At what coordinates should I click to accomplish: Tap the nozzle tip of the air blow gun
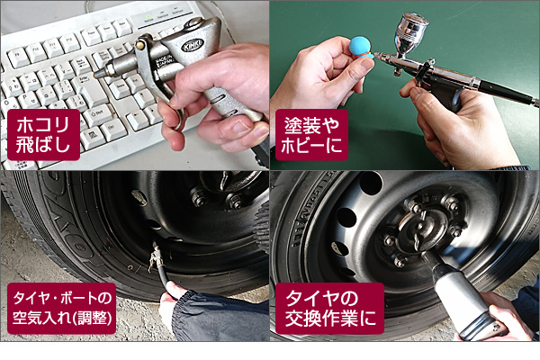[96, 74]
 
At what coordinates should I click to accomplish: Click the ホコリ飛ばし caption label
[43, 135]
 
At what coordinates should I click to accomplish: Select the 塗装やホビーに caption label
[311, 135]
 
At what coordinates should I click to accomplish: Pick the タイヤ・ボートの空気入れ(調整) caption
[61, 309]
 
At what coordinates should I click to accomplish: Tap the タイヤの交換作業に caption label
[329, 309]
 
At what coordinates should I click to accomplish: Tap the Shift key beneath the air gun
[98, 114]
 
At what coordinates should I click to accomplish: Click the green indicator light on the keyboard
[148, 16]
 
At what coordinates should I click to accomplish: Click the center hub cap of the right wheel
[423, 229]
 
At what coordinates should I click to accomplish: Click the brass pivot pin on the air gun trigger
[140, 44]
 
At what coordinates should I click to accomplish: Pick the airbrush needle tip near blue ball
[376, 55]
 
